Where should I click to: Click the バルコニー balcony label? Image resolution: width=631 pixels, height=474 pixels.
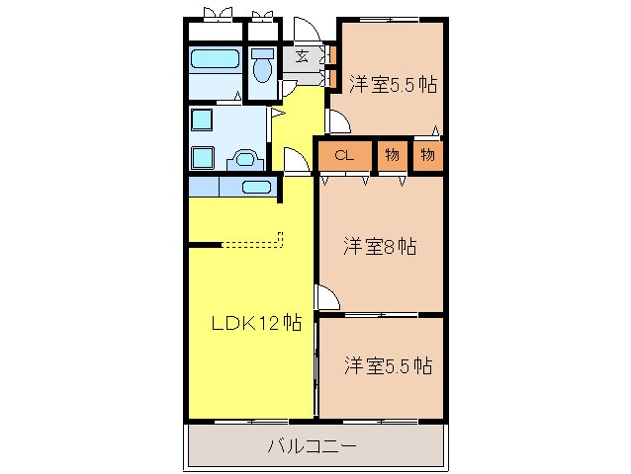(x=312, y=445)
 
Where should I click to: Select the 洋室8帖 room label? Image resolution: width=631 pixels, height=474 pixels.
(x=379, y=246)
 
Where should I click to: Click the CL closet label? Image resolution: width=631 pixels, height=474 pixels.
(x=344, y=155)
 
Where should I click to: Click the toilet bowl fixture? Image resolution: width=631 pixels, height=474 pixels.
(x=263, y=68)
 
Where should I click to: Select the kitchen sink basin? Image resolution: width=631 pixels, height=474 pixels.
(x=256, y=187)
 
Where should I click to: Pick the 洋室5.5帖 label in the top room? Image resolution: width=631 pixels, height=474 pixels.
(x=393, y=85)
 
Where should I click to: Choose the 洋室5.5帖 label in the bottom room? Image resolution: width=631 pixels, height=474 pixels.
(x=388, y=365)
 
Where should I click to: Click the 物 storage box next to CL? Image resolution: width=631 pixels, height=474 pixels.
(x=392, y=155)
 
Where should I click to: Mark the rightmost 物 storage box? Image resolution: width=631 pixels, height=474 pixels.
(x=427, y=155)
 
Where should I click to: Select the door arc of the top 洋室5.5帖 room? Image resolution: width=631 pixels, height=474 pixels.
(x=336, y=121)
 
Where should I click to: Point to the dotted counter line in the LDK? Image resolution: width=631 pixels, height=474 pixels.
(x=252, y=242)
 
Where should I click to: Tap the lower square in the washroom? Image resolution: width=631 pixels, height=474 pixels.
(x=203, y=156)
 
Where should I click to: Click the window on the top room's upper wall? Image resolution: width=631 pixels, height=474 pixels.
(x=388, y=20)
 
